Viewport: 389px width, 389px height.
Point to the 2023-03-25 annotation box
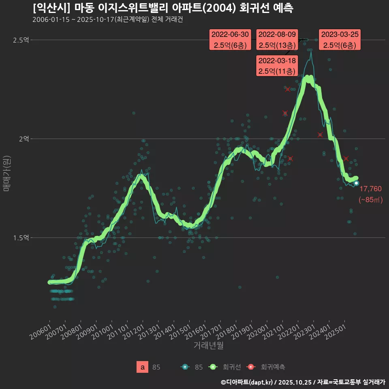(x=340, y=40)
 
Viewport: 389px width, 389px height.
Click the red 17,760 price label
(x=370, y=188)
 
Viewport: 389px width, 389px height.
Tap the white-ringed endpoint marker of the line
(x=356, y=183)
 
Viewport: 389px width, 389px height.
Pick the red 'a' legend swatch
(x=142, y=367)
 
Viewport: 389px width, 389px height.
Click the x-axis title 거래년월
(x=208, y=346)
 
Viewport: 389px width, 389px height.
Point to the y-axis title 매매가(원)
(x=6, y=173)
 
